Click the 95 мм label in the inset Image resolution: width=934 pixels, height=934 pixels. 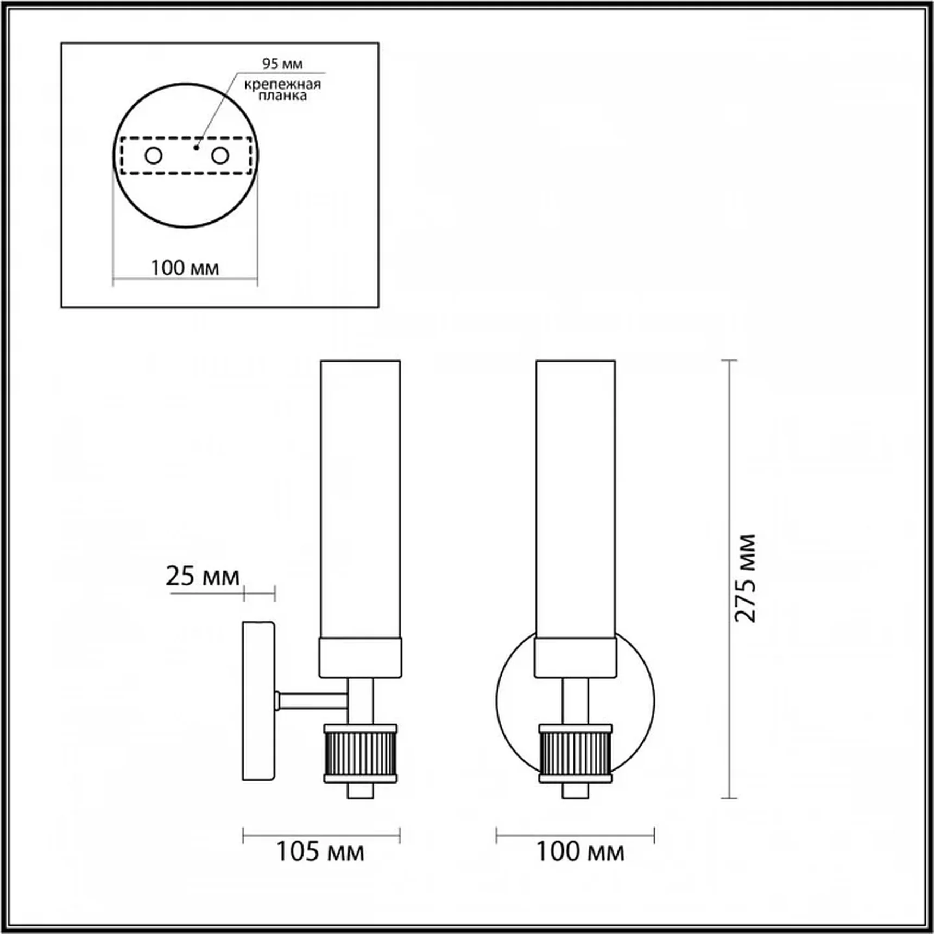click(282, 64)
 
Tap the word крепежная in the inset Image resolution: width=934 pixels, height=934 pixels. click(282, 84)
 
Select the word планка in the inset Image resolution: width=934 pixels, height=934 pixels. click(282, 96)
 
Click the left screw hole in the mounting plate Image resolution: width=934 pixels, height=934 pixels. click(154, 156)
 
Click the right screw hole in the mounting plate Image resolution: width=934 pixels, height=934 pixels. click(220, 156)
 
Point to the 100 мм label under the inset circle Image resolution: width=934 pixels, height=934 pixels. click(185, 268)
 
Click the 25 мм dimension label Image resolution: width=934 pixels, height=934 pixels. click(203, 576)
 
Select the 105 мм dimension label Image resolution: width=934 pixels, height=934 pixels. click(320, 851)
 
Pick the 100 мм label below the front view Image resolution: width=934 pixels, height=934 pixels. click(580, 851)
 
